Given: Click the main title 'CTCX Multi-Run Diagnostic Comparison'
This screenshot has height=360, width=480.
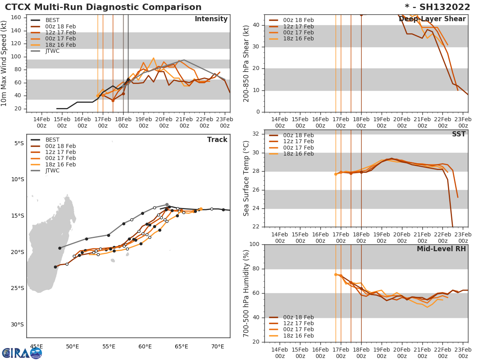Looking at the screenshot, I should click(103, 7).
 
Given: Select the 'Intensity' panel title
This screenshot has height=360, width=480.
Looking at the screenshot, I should click(211, 19).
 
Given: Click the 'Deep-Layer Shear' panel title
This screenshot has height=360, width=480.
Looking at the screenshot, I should click(432, 19).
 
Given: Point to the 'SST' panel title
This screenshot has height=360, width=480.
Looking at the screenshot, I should click(458, 134).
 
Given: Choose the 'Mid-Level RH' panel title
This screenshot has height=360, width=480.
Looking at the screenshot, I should click(441, 249).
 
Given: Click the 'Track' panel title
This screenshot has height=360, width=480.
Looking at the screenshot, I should click(217, 140).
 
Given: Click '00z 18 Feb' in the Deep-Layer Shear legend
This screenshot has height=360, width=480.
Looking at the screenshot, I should click(298, 20).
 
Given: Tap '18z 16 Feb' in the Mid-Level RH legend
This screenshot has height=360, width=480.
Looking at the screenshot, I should click(298, 336).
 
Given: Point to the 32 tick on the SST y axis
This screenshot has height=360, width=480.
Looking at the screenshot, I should click(257, 134).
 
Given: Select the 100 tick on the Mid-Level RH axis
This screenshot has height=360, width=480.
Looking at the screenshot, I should click(254, 244).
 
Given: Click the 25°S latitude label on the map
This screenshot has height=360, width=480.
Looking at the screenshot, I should click(18, 288).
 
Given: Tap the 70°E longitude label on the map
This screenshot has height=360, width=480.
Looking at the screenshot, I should click(217, 346).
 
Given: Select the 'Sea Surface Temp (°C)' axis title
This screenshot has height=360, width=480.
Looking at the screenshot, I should click(246, 178).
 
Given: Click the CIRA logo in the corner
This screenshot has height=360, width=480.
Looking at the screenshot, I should click(22, 353).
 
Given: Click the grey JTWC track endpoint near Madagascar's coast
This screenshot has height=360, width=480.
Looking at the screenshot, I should click(60, 248).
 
